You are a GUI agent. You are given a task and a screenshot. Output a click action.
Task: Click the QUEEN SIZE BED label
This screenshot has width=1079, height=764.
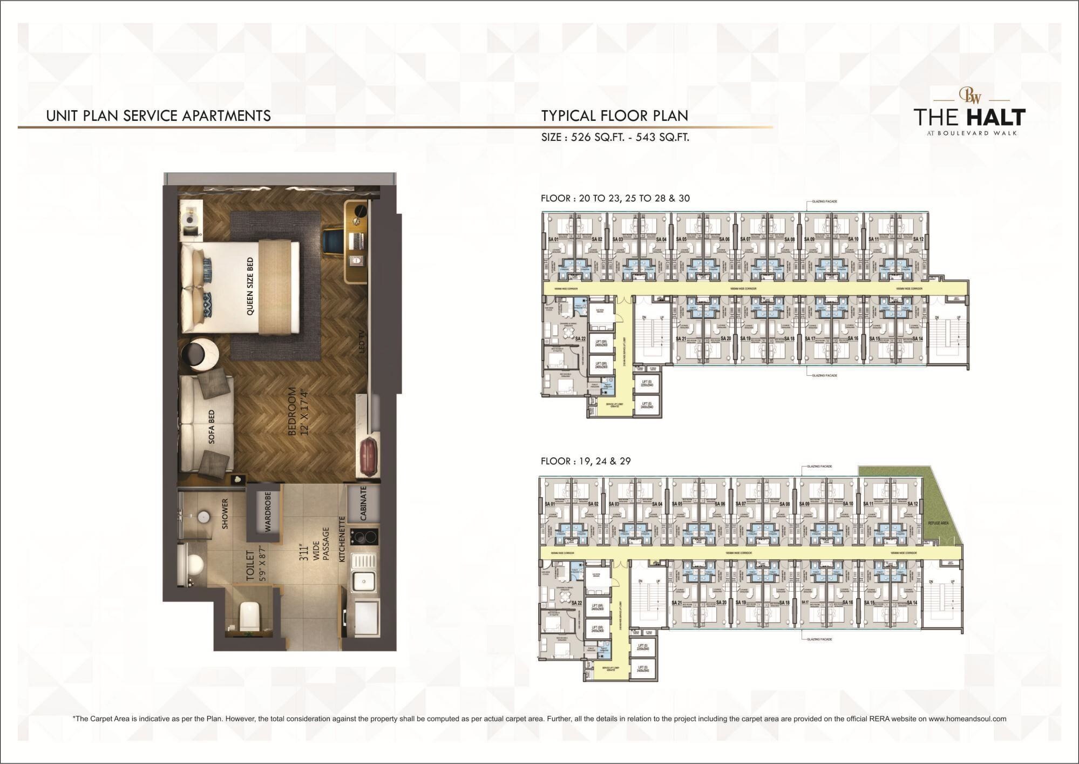pos(250,286)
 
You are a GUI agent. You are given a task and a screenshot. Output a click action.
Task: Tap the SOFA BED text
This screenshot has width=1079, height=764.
pos(212,427)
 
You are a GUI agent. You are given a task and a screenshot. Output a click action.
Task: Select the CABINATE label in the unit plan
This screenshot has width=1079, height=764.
pos(363,503)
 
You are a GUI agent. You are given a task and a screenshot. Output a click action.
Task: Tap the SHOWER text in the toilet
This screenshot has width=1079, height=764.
pos(225,513)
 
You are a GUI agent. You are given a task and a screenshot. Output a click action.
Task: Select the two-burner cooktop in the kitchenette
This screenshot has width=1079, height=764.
pos(364,536)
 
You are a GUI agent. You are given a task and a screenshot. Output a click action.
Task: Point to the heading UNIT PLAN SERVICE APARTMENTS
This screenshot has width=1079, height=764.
pos(159,116)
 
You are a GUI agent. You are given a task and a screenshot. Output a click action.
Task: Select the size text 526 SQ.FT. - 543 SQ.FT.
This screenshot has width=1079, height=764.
pos(615,137)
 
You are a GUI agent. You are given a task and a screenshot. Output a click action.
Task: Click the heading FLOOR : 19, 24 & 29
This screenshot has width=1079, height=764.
pos(586,461)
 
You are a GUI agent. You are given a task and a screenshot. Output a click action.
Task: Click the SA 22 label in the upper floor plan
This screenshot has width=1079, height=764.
pos(580,339)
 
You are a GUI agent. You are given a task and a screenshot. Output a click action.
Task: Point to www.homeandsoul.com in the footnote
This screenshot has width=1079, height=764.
pos(967,719)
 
